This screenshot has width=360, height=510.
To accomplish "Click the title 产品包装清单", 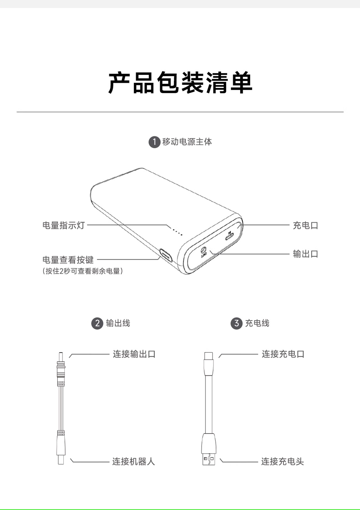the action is click(180, 83).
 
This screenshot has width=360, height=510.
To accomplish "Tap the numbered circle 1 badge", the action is click(154, 142).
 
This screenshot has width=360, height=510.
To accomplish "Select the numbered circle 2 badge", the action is click(97, 323).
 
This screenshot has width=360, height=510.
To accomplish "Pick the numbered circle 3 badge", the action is click(236, 323).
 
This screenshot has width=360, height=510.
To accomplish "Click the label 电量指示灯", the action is click(64, 225).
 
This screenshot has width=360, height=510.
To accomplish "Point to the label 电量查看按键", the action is click(68, 260).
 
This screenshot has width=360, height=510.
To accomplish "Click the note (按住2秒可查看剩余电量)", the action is click(83, 271).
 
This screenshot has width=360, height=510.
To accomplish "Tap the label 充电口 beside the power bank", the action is click(306, 225).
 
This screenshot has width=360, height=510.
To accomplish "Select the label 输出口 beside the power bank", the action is click(306, 254).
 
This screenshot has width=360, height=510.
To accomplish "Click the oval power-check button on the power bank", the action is click(166, 255).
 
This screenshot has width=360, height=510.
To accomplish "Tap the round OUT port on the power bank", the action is click(204, 250).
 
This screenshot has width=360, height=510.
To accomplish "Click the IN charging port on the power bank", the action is click(229, 237).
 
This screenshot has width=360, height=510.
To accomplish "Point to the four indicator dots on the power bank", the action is click(178, 232).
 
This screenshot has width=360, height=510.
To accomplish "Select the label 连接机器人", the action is click(133, 461).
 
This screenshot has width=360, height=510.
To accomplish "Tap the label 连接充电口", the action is click(283, 354).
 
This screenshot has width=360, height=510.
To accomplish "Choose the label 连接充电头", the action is click(283, 461).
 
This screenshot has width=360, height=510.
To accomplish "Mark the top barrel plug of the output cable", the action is click(60, 363).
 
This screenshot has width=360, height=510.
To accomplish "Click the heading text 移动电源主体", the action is click(187, 142).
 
